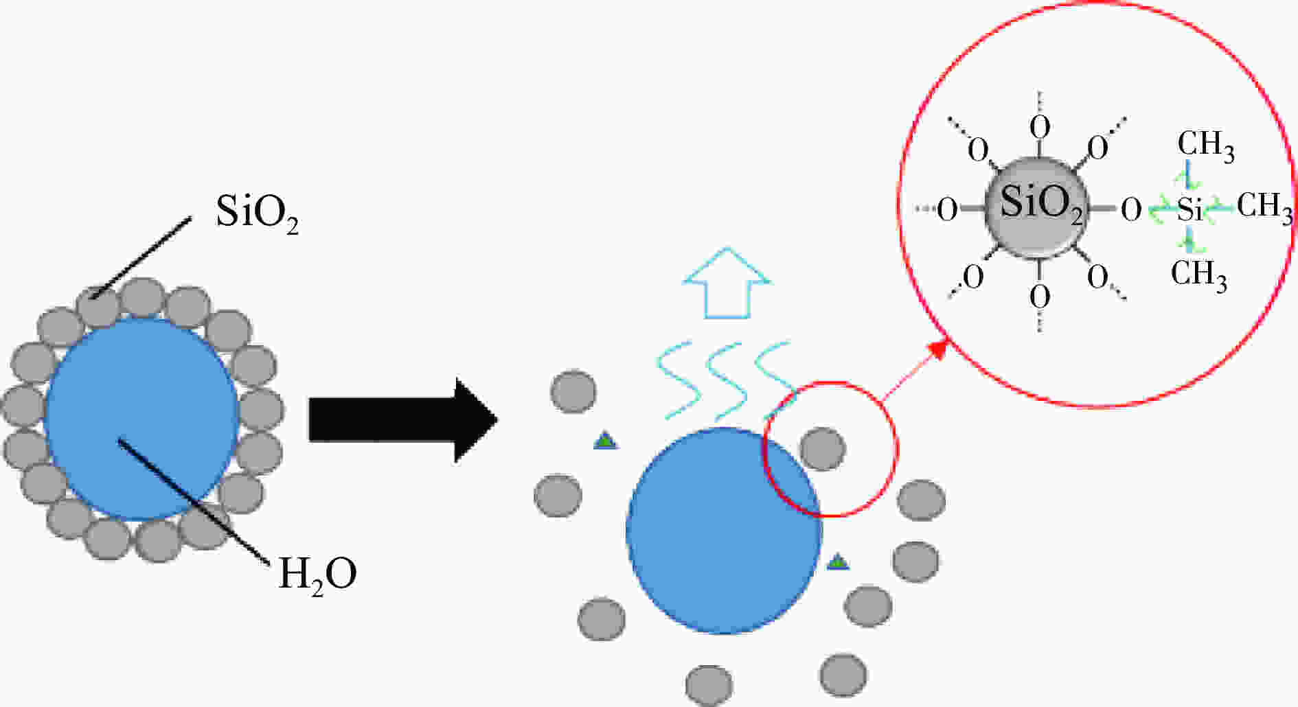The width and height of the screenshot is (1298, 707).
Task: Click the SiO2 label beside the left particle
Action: (x=257, y=213)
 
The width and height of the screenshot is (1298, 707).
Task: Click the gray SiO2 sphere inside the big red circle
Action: (x=1036, y=206)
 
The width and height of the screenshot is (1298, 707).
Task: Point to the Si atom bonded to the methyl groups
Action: (x=1190, y=209)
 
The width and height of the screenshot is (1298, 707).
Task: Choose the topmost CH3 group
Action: (x=1206, y=146)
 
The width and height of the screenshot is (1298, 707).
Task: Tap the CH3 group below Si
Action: (x=1198, y=275)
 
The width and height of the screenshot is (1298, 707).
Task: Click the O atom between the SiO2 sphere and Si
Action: (x=1131, y=209)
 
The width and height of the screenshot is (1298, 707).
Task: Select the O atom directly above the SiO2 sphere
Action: (x=1040, y=127)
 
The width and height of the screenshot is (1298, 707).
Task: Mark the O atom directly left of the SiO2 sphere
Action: (x=947, y=209)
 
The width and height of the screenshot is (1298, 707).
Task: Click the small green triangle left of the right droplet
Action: (x=605, y=441)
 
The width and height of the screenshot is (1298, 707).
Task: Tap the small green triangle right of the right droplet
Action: (x=837, y=562)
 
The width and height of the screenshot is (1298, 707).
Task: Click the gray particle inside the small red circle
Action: (x=823, y=449)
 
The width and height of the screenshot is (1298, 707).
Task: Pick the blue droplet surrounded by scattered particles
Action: (x=723, y=530)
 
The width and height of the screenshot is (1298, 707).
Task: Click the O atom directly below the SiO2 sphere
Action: (x=1040, y=297)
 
